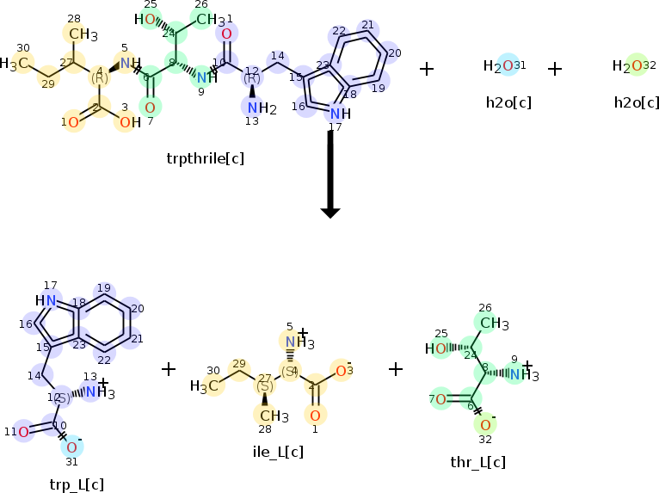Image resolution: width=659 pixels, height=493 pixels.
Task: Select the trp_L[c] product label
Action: pyautogui.click(x=77, y=484)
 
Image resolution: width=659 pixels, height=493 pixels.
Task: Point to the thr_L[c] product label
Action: pyautogui.click(x=477, y=462)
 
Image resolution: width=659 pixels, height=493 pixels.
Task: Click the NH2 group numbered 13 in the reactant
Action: pyautogui.click(x=256, y=108)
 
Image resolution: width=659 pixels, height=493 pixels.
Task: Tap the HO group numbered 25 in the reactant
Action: pyautogui.click(x=149, y=20)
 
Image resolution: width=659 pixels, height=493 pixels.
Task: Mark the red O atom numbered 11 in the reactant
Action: pyautogui.click(x=226, y=34)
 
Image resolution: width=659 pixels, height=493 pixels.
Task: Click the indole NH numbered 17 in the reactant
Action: pyautogui.click(x=341, y=114)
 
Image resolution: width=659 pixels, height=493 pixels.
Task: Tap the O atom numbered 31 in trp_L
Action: pyautogui.click(x=72, y=447)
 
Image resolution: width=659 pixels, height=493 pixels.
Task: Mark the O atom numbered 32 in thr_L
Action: pyautogui.click(x=485, y=424)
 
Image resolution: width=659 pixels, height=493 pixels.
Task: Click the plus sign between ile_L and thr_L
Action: pyautogui.click(x=395, y=369)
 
